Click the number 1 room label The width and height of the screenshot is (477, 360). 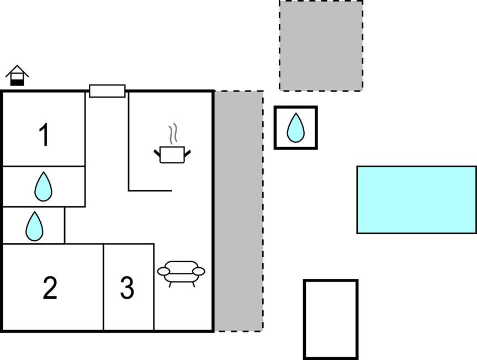(x=44, y=135)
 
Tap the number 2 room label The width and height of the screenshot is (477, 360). (x=50, y=288)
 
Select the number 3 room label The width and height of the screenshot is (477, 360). (x=127, y=288)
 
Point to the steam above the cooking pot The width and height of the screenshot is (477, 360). (x=173, y=134)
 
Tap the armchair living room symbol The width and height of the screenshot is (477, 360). (x=181, y=273)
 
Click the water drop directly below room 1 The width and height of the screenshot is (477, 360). (x=43, y=187)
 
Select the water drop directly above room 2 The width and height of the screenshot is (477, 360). (x=34, y=226)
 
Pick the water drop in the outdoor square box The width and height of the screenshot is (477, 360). (x=296, y=128)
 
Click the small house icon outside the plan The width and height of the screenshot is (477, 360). (x=17, y=76)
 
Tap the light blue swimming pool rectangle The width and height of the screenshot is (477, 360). (x=416, y=200)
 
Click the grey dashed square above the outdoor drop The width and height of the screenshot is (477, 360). (x=321, y=46)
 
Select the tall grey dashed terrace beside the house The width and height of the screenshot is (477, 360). (x=239, y=211)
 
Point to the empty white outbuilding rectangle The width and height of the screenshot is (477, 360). (x=331, y=319)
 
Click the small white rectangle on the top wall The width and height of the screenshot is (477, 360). (x=107, y=91)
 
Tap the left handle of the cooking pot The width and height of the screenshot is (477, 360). (x=157, y=153)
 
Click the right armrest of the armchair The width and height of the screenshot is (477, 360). (x=199, y=271)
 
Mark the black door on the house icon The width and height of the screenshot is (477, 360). (x=17, y=82)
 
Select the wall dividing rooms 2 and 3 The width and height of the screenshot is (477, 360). (x=103, y=287)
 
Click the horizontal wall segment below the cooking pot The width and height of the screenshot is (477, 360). (x=150, y=191)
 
